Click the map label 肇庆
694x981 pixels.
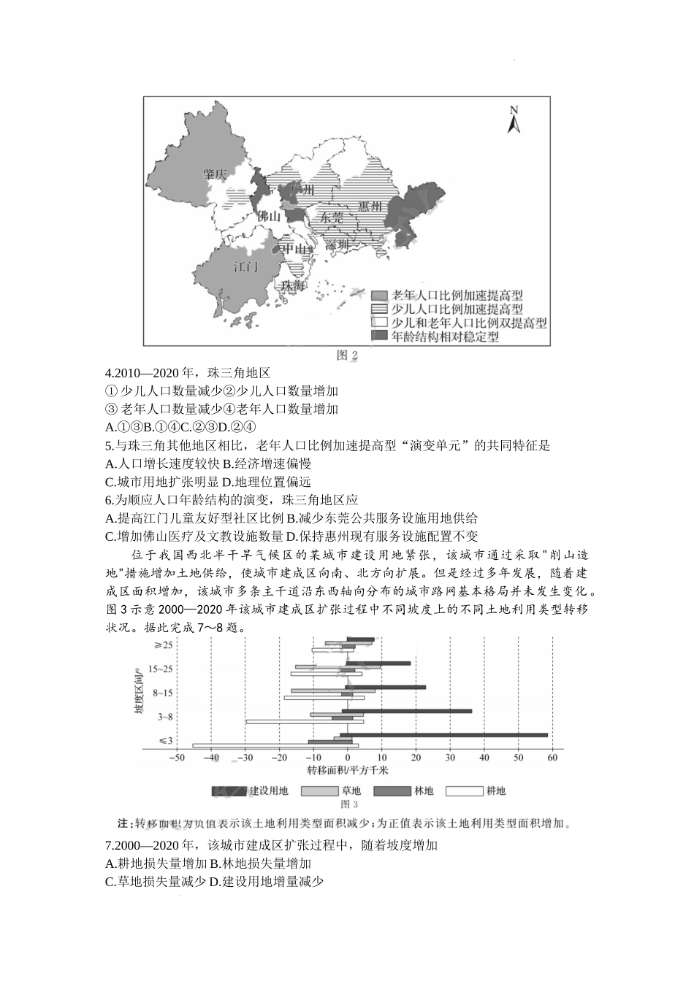click(216, 174)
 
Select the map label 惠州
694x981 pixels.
click(370, 207)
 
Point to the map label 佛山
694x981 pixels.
click(269, 216)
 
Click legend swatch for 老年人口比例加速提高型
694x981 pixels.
click(378, 296)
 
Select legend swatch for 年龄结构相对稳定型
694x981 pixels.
click(378, 336)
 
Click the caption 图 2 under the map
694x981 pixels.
click(347, 355)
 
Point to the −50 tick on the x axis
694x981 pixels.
click(177, 758)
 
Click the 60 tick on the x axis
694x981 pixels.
click(552, 758)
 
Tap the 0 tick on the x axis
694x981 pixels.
click(347, 758)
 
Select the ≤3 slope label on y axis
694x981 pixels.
click(166, 741)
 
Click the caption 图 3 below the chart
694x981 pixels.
click(347, 805)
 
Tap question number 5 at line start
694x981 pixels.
click(108, 445)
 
